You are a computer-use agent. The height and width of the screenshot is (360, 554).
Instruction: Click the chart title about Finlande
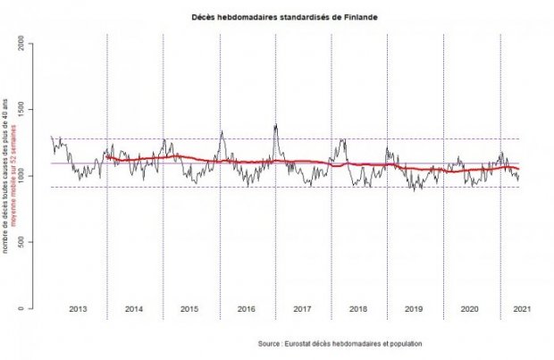pos(277,17)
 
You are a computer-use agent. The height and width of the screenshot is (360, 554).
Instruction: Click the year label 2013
pos(78,309)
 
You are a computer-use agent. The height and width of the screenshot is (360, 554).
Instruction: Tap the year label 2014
pos(134,309)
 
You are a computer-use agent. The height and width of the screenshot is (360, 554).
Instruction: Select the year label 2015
pos(189,309)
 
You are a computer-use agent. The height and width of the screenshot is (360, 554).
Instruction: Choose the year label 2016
pos(247,309)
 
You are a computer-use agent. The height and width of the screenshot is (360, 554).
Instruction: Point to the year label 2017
pos(302,309)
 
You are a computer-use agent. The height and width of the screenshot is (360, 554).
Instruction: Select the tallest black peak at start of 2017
pos(276,124)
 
